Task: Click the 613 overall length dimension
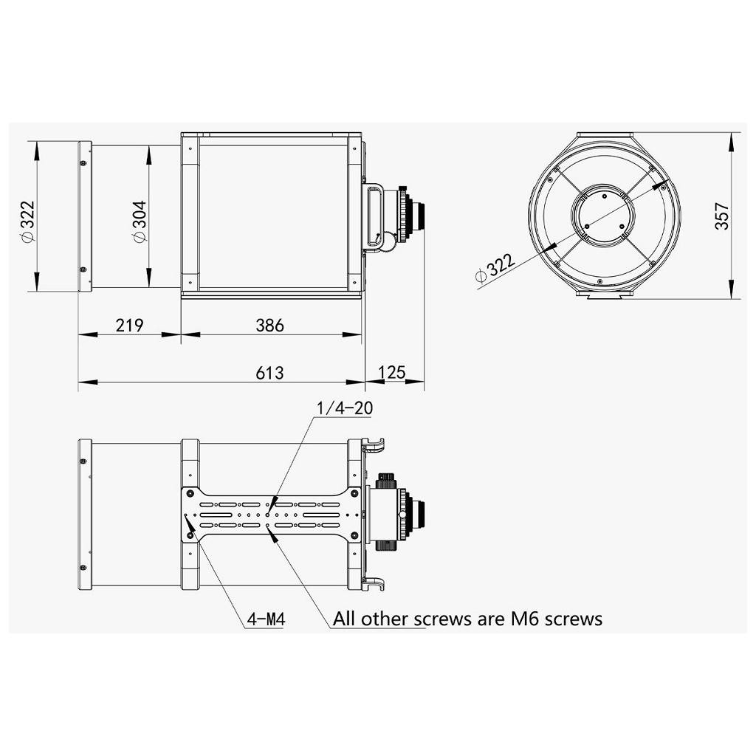click(269, 373)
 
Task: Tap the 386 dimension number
click(269, 325)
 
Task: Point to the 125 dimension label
click(392, 372)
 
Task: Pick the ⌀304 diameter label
click(139, 221)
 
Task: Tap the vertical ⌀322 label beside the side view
click(27, 221)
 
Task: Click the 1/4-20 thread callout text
click(343, 408)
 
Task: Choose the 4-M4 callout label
click(266, 619)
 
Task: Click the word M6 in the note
click(526, 618)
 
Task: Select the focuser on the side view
click(410, 216)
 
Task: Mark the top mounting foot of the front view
click(605, 135)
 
